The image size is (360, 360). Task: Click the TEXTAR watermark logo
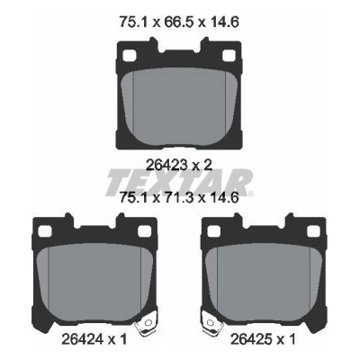(x=179, y=182)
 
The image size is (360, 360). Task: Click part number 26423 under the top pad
(x=166, y=165)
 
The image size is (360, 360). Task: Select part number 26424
(x=83, y=339)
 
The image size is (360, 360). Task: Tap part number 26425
(x=252, y=339)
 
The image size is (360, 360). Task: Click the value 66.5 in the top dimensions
(x=179, y=22)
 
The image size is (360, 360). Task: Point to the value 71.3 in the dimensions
(x=179, y=198)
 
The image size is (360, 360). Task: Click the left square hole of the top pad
(x=130, y=55)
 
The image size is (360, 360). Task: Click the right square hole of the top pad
(x=229, y=55)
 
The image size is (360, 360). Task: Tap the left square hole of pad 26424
(x=45, y=231)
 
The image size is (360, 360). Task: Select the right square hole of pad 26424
(x=144, y=231)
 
